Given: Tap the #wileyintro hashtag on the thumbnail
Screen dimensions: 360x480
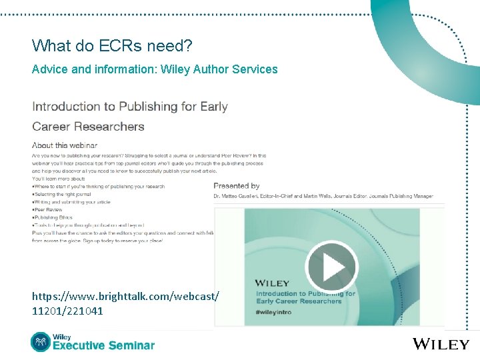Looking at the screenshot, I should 275,312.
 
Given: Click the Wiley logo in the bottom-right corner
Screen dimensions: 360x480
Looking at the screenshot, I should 441,344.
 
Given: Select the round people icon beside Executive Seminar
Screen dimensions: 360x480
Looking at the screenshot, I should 41,342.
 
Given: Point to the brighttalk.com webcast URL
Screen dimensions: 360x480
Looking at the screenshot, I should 125,295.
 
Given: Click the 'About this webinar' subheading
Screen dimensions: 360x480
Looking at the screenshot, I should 65,145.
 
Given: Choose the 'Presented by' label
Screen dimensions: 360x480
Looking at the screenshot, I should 236,186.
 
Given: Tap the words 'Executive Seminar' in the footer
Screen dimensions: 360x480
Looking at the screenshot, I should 103,345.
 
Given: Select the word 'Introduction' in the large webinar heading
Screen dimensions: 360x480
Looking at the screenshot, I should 65,107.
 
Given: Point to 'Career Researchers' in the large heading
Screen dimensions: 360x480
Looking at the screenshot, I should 88,127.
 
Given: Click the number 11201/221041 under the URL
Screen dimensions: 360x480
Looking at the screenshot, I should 67,311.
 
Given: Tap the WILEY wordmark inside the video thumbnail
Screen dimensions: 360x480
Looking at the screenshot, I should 272,283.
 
